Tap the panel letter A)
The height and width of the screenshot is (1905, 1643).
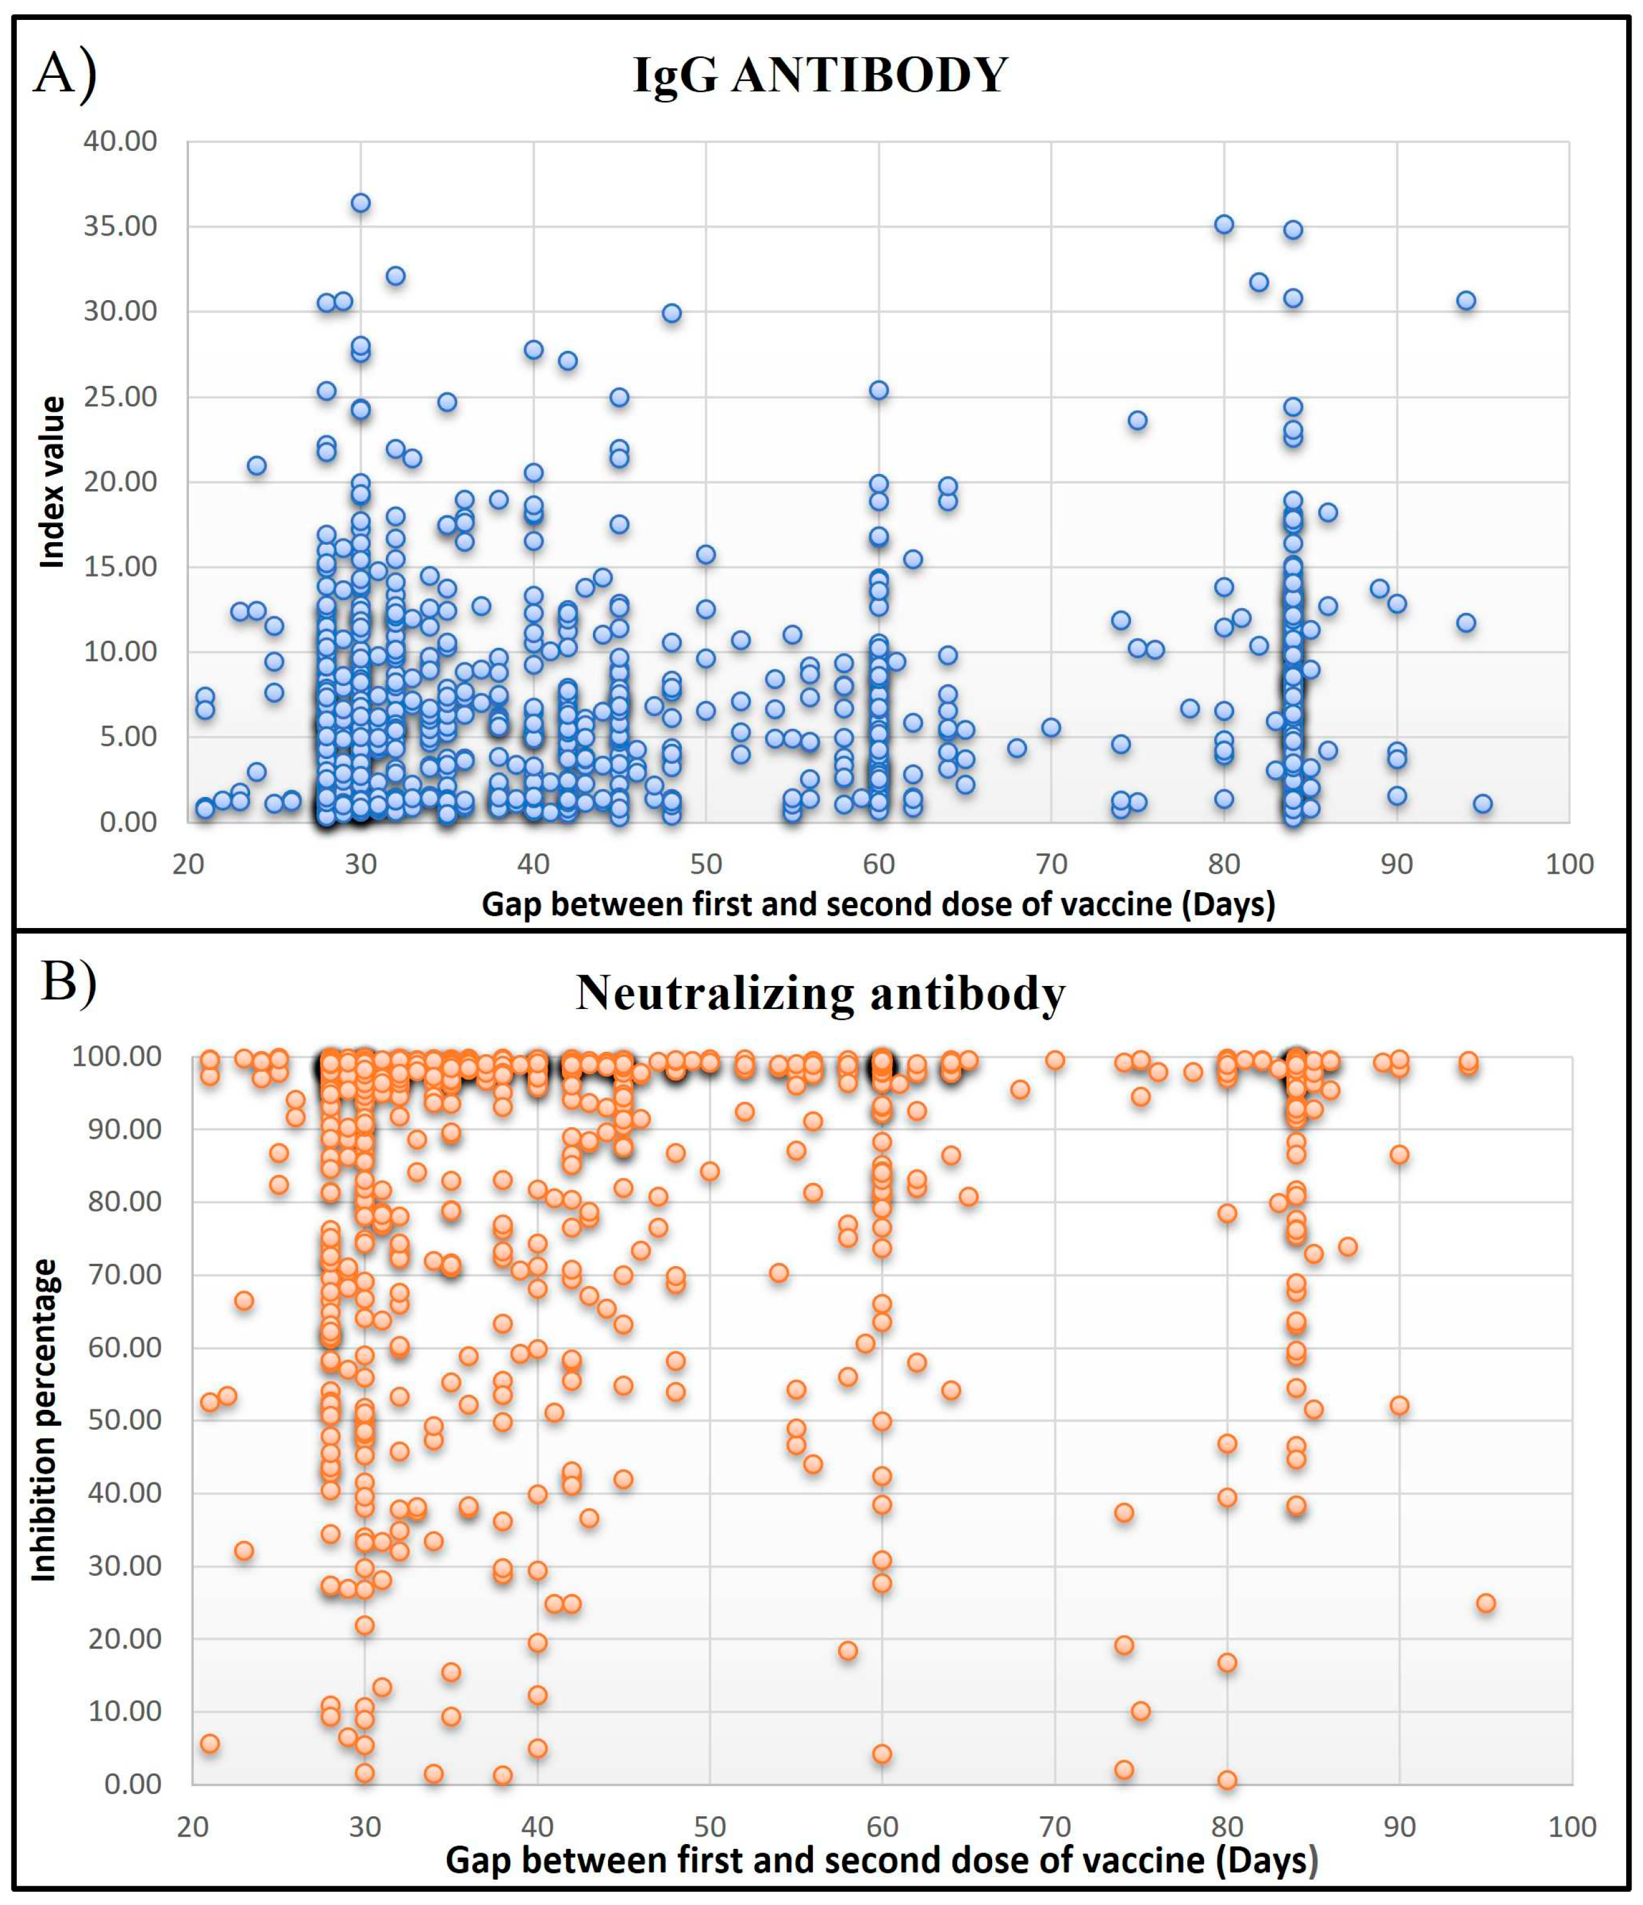(65, 74)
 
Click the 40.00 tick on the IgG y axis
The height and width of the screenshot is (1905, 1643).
(120, 141)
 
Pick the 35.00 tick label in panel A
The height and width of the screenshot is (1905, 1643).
(120, 226)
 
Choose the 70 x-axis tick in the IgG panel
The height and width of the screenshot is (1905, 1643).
(1052, 864)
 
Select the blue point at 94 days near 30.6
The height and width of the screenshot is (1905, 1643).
(1467, 301)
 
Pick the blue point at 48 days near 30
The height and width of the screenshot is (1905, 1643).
(672, 313)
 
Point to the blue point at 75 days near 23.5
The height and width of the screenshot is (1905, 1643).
(1138, 421)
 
